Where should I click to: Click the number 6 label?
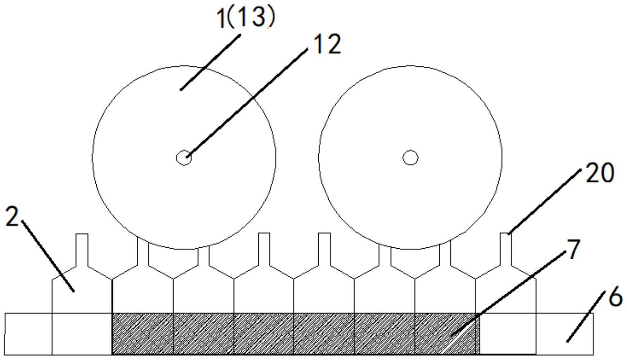615,297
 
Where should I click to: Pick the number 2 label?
12,217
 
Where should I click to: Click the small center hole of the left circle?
184,157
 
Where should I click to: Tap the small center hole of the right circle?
410,157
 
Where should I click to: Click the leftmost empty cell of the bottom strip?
28,334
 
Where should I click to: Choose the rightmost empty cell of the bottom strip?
564,334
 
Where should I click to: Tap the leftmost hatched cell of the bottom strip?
143,334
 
